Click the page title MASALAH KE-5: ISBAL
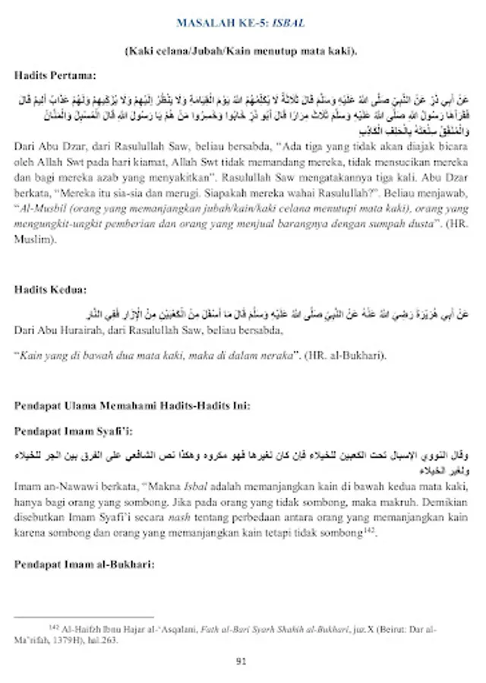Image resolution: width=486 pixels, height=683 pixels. [x=240, y=24]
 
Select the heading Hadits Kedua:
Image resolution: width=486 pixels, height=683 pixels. [x=49, y=289]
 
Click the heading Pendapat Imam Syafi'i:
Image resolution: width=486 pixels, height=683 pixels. [x=74, y=431]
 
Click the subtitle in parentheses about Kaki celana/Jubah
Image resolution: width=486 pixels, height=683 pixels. [x=240, y=50]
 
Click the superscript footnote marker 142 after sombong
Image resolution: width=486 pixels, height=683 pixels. [x=371, y=530]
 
